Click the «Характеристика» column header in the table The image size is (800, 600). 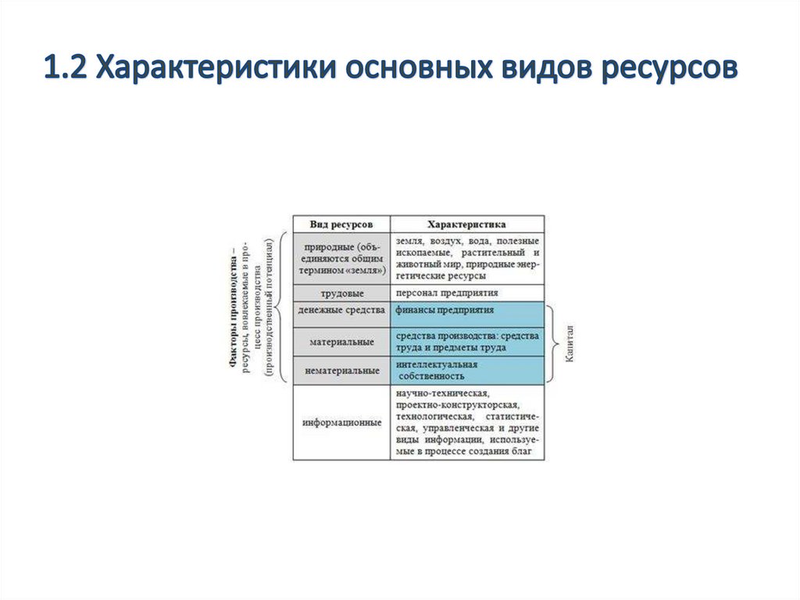pos(466,223)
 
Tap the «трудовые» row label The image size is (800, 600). pos(341,293)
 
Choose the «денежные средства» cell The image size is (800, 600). pos(341,311)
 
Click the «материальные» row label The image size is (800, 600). pos(341,341)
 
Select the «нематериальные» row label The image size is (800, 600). pos(341,369)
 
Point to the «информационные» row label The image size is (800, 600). pos(341,422)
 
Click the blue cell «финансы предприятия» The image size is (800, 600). pos(466,311)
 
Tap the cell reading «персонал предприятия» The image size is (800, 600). pos(466,293)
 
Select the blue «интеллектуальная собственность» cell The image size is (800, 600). pos(466,369)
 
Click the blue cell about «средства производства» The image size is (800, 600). pos(466,341)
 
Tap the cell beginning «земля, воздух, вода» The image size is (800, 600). pos(466,257)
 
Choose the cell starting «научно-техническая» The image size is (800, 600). pos(466,422)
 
